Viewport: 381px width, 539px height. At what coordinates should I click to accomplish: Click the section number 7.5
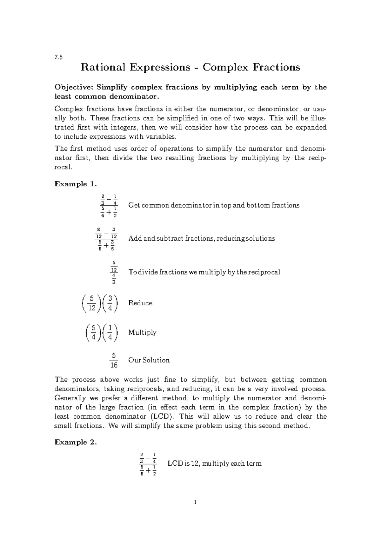tap(58, 57)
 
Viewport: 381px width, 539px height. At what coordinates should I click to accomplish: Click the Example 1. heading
tap(75, 184)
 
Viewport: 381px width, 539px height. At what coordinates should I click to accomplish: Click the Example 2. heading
tap(75, 442)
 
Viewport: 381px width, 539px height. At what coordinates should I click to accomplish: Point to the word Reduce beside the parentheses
tap(140, 303)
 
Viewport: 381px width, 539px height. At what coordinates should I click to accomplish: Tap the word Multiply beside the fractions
tap(142, 332)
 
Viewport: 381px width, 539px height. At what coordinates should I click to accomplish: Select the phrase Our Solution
tap(149, 360)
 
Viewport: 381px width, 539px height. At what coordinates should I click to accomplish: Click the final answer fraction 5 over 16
tap(114, 360)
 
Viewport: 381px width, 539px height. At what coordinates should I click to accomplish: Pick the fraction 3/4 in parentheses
tap(110, 303)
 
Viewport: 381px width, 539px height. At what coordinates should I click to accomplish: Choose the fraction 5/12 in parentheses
tap(92, 303)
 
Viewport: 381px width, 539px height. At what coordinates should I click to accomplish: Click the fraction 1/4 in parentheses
tap(110, 333)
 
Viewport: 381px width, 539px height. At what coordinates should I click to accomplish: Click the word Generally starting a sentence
tap(70, 398)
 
